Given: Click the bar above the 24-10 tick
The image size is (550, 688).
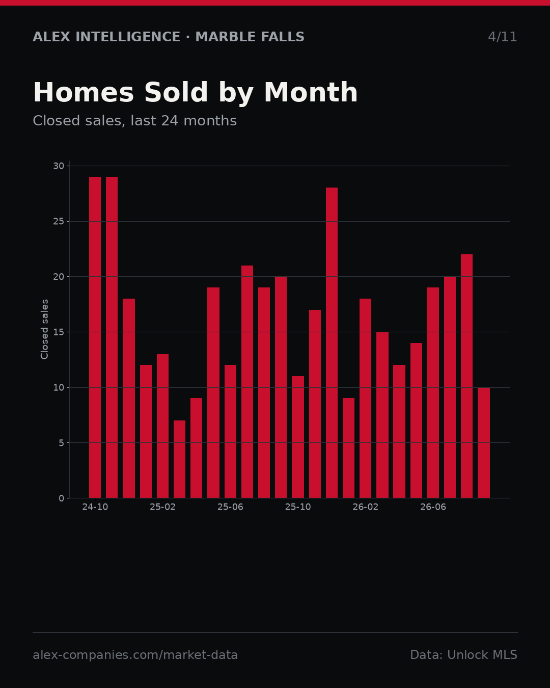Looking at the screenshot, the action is click(95, 337).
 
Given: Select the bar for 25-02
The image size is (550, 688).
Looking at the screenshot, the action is click(162, 426).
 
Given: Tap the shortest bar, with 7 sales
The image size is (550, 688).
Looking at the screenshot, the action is click(180, 459).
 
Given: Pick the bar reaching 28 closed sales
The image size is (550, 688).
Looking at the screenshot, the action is click(332, 342).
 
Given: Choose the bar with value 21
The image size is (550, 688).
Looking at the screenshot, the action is click(247, 382).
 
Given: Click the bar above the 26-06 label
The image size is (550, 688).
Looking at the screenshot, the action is click(433, 392).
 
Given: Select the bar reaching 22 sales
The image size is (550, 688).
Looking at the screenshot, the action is click(466, 376).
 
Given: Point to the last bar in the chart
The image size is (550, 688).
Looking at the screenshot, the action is click(484, 443).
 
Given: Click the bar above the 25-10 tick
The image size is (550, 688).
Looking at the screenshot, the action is click(298, 437).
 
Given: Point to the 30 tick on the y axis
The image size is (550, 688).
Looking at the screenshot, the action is click(59, 166).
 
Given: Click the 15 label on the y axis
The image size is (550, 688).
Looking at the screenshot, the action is click(59, 332).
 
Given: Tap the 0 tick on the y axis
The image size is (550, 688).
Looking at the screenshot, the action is click(62, 498).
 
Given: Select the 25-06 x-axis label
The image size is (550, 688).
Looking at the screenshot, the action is click(230, 507).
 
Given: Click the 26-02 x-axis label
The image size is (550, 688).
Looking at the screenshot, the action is click(365, 507).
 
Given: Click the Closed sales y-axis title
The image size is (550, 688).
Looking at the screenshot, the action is click(44, 329).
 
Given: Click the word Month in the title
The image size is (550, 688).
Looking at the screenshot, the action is click(311, 92).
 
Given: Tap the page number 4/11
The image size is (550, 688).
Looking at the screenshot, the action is click(502, 37).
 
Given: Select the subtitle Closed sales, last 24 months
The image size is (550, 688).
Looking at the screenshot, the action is click(134, 121).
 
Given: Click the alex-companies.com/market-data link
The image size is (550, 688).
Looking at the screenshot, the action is click(135, 655).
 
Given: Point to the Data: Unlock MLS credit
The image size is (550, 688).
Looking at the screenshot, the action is click(463, 655).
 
